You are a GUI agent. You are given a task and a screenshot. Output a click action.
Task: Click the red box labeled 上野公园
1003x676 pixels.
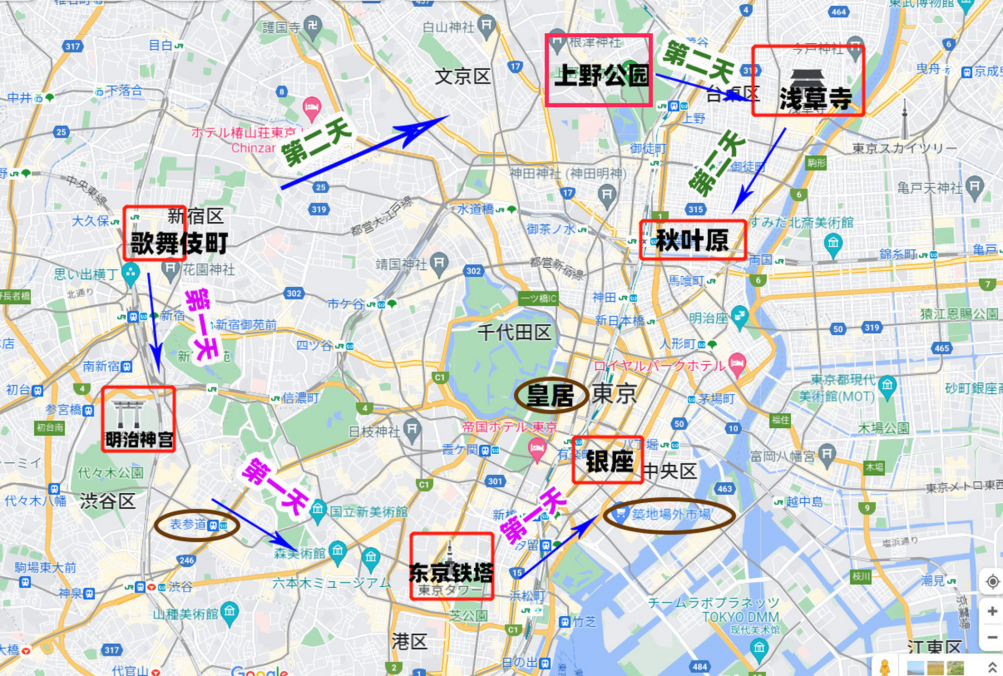598,70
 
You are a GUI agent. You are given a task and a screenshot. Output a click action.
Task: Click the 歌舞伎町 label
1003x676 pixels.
179,243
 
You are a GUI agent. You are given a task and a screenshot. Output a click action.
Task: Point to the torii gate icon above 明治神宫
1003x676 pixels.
129,413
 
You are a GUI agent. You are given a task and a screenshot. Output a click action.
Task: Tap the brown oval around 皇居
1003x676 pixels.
551,396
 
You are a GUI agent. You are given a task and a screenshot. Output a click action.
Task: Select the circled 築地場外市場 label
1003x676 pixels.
671,514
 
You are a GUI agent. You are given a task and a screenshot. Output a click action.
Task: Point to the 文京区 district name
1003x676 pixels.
463,77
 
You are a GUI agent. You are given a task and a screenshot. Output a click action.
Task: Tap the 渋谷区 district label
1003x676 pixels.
108,501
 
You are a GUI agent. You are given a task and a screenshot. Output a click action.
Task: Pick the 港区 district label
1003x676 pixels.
409,642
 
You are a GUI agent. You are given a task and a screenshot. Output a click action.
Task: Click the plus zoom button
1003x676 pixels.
991,612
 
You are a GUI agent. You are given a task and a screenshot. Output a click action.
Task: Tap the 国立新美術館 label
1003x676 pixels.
368,511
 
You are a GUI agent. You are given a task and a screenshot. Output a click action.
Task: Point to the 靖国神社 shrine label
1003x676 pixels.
401,264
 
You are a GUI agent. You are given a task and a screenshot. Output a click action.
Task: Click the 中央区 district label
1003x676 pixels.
670,471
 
